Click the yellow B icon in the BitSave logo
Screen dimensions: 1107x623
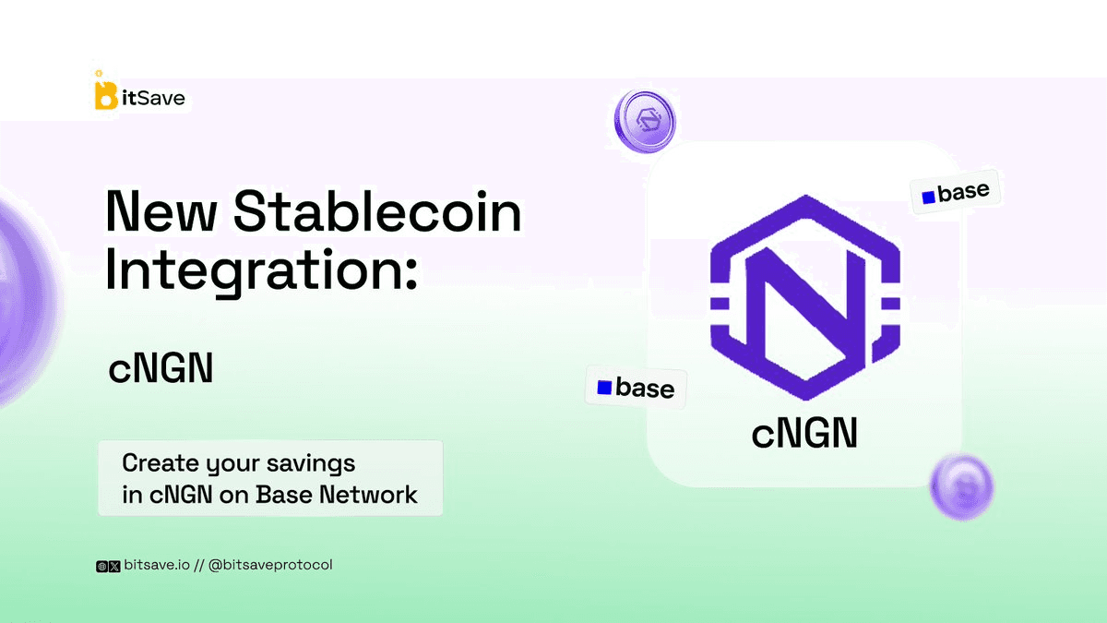point(106,94)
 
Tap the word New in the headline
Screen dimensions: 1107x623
point(161,211)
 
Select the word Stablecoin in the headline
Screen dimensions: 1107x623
point(377,211)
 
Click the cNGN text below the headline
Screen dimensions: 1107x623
point(161,368)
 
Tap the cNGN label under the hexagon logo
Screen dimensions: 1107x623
point(804,433)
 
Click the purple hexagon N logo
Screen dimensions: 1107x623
point(805,297)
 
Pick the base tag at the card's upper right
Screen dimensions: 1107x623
point(956,192)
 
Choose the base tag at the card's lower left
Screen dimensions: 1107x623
point(636,387)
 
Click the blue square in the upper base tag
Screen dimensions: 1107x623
point(929,198)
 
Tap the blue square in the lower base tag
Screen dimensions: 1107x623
point(604,387)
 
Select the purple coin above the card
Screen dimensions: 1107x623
point(645,121)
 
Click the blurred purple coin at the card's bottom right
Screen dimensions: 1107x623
point(961,487)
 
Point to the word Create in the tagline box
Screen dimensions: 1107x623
point(161,463)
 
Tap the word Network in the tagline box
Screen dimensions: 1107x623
point(368,495)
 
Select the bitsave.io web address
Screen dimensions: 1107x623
point(157,565)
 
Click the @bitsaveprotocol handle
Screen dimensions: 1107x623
point(270,565)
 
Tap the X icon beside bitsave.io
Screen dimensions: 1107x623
point(114,566)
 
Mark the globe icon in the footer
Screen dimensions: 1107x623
point(101,566)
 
